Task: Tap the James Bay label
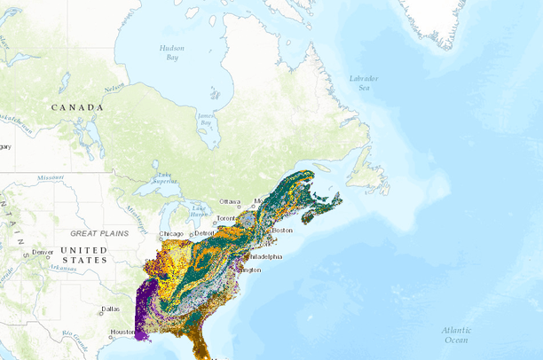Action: coord(206,118)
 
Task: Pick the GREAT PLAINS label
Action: coord(99,233)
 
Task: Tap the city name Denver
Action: coord(42,252)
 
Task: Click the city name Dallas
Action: coord(111,309)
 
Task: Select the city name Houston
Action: coord(122,333)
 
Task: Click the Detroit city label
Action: coord(204,233)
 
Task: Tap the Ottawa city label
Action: coord(231,201)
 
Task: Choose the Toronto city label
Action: coord(227,218)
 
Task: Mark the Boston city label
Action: coord(282,231)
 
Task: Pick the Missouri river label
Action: coord(51,177)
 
